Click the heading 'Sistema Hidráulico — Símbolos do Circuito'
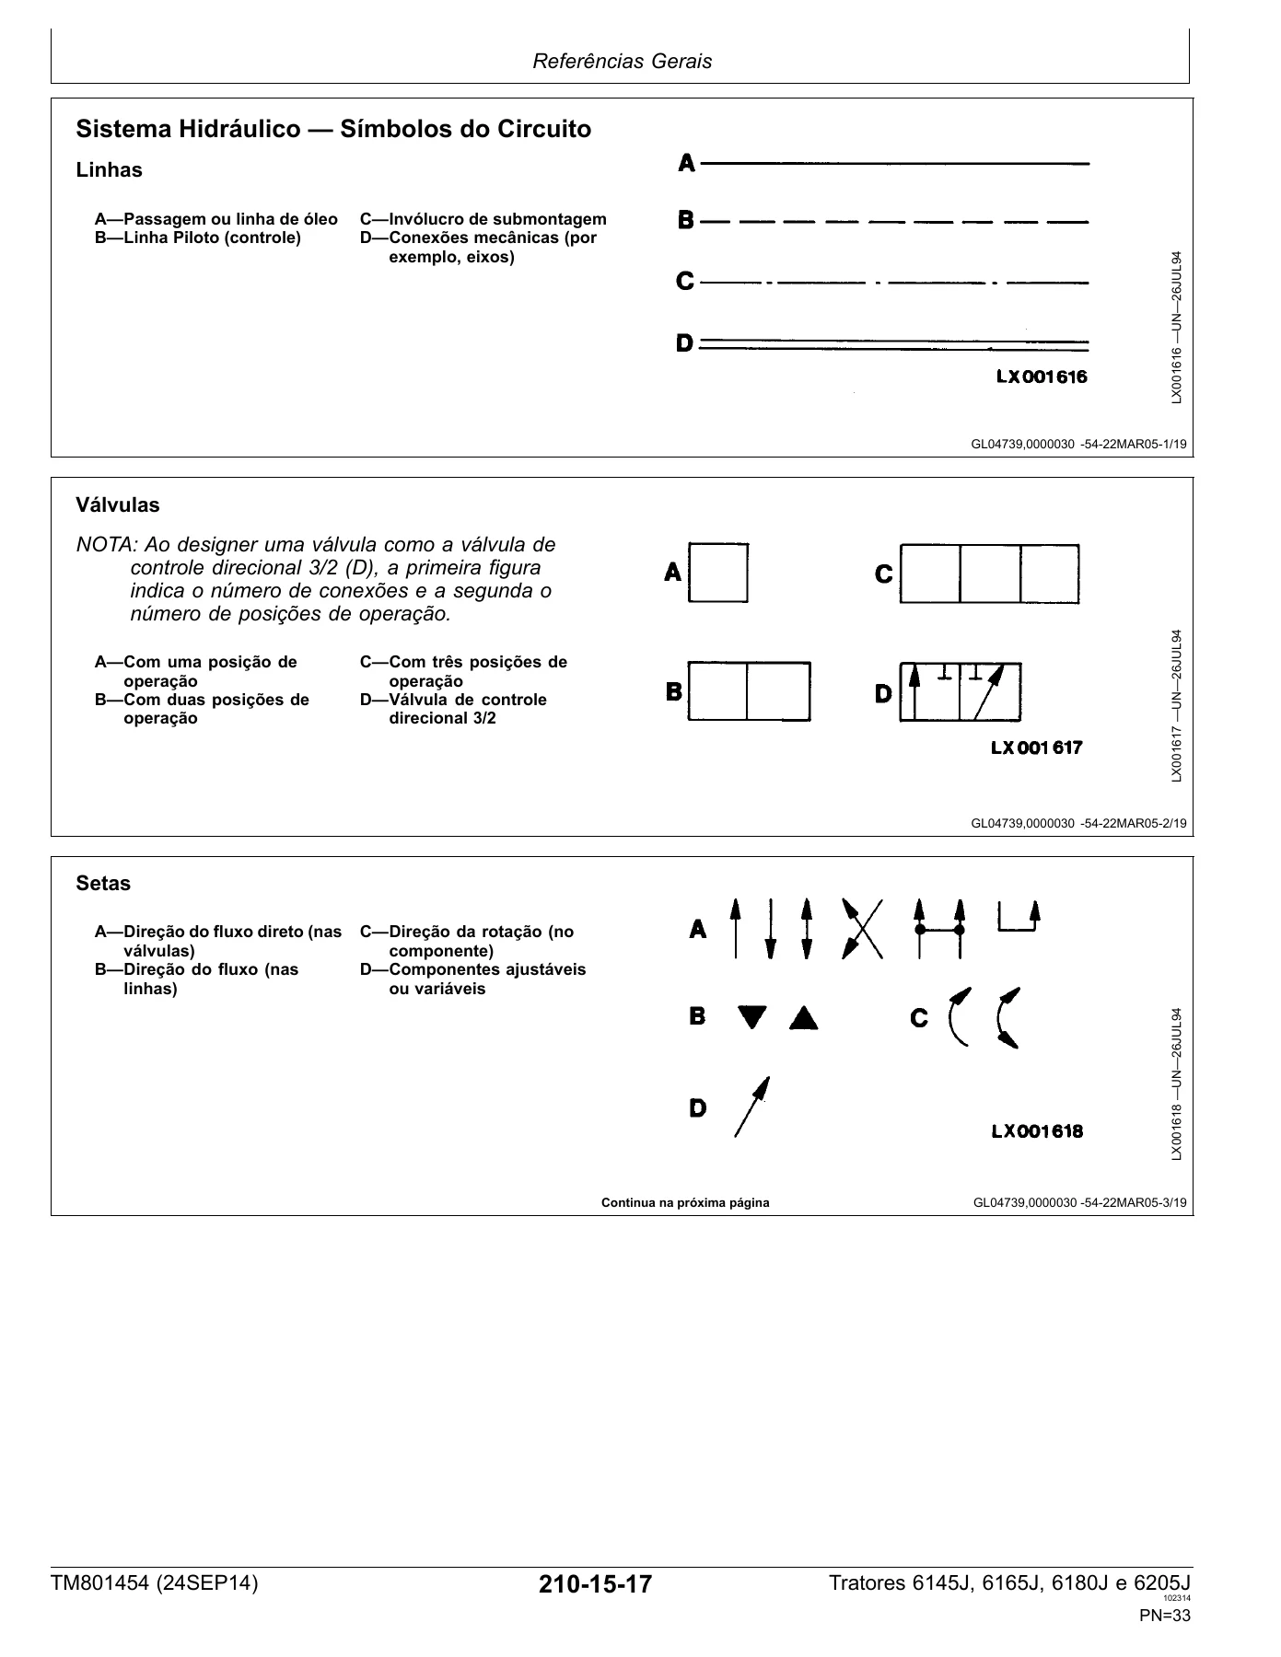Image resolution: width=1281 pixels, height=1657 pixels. point(333,129)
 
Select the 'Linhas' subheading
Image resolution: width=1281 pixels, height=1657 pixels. point(110,170)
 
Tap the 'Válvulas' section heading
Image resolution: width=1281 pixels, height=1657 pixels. point(118,505)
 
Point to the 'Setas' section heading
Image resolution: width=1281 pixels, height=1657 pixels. point(103,884)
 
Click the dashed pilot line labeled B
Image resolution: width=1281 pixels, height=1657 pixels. point(894,222)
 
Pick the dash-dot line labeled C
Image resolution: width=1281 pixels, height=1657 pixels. point(894,283)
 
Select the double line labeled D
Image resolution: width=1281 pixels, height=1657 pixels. point(894,345)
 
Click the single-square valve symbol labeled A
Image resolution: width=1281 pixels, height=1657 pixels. point(718,573)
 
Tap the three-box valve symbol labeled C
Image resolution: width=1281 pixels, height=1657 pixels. point(989,574)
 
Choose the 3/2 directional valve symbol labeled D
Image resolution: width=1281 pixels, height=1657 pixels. point(960,691)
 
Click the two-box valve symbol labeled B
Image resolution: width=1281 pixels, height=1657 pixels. point(749,691)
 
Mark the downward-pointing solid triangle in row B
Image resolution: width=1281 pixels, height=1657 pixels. point(752,1018)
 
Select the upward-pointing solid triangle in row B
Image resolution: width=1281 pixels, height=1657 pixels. point(803,1017)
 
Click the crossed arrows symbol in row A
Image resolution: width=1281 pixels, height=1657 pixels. point(862,929)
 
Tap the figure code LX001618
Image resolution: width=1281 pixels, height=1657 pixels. point(1037,1131)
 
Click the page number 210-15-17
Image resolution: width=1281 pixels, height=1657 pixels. point(596,1585)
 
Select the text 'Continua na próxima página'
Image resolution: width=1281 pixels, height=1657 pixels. point(685,1203)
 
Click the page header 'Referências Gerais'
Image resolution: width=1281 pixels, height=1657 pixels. point(623,62)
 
